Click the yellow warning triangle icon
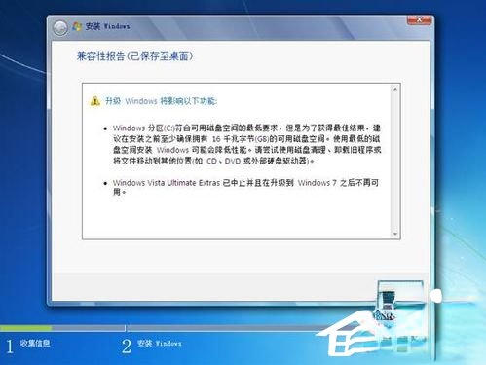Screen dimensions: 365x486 click(x=94, y=101)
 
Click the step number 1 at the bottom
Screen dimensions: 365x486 click(x=11, y=346)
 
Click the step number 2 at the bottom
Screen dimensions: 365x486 click(x=126, y=346)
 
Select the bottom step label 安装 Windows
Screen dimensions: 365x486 click(x=160, y=346)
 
